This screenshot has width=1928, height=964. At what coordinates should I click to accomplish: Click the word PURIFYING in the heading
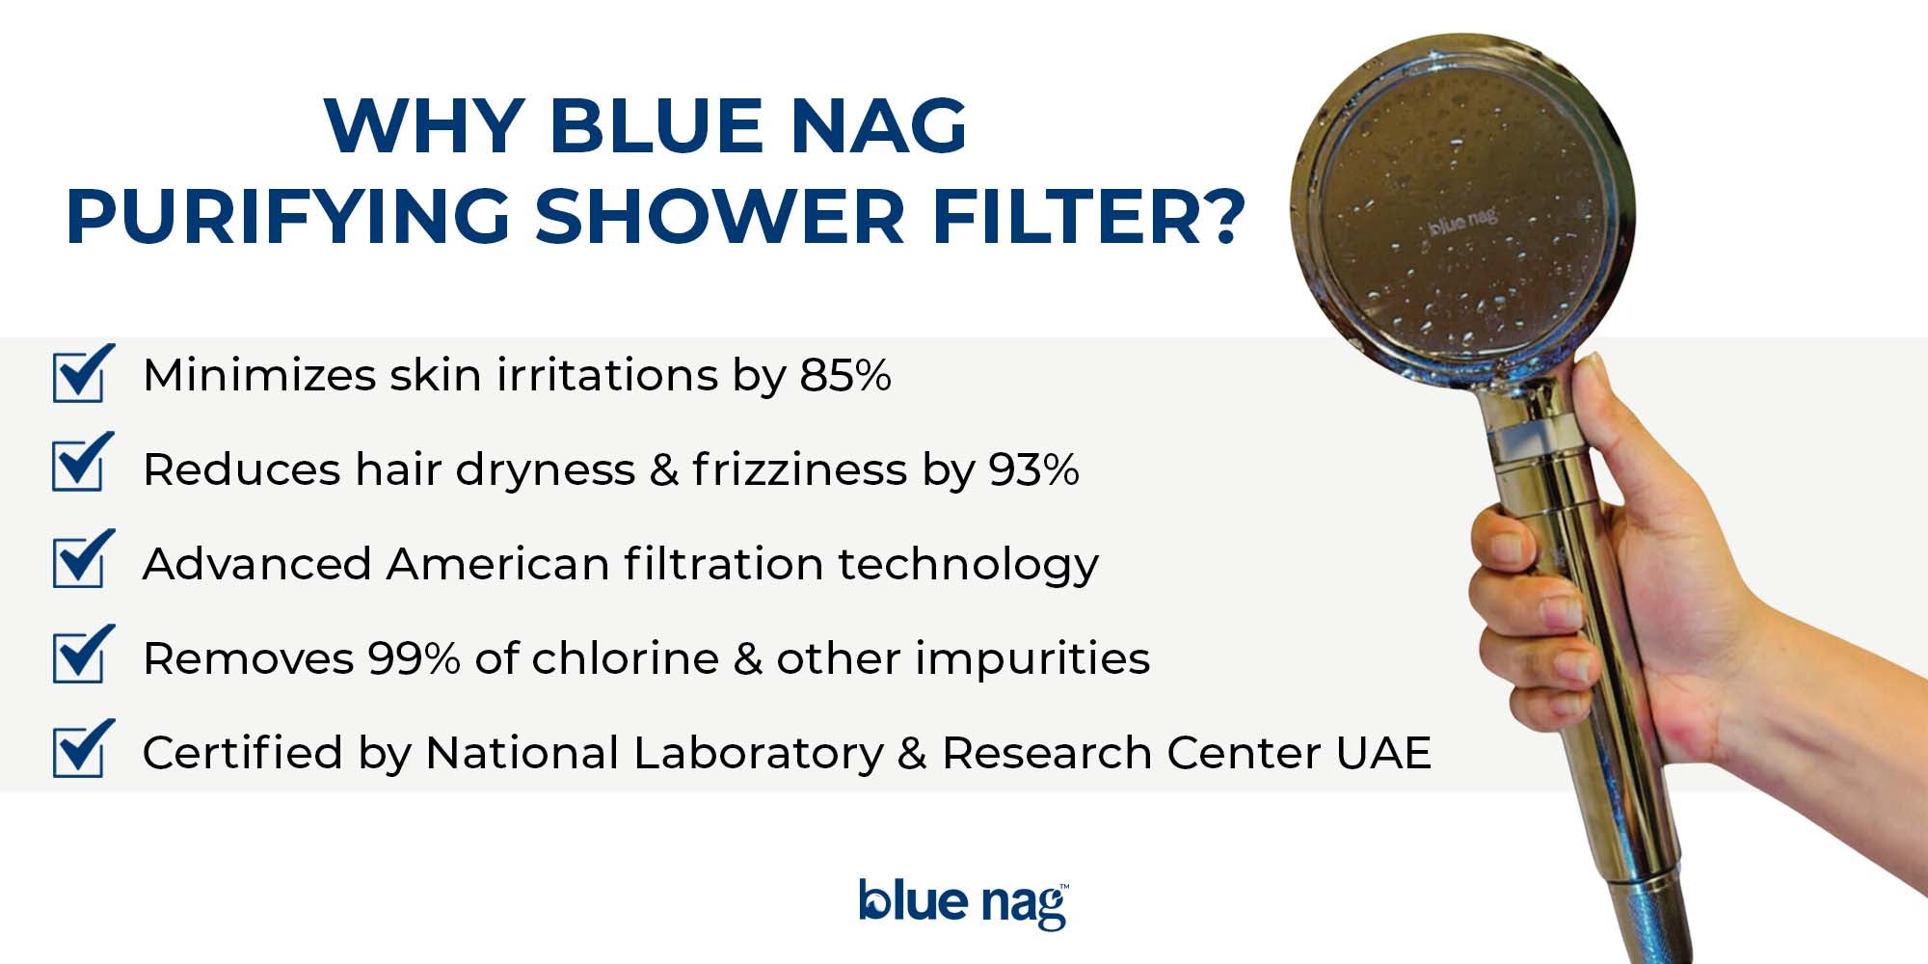[x=288, y=215]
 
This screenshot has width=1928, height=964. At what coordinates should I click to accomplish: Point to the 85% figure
[x=844, y=375]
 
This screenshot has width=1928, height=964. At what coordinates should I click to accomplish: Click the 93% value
[x=1033, y=469]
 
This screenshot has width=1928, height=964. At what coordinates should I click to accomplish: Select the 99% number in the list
[x=414, y=658]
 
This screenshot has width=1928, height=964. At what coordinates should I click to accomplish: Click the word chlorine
[x=626, y=658]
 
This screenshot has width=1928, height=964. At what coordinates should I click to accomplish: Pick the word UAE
[x=1383, y=753]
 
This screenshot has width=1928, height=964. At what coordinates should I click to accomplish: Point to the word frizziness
[x=800, y=469]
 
